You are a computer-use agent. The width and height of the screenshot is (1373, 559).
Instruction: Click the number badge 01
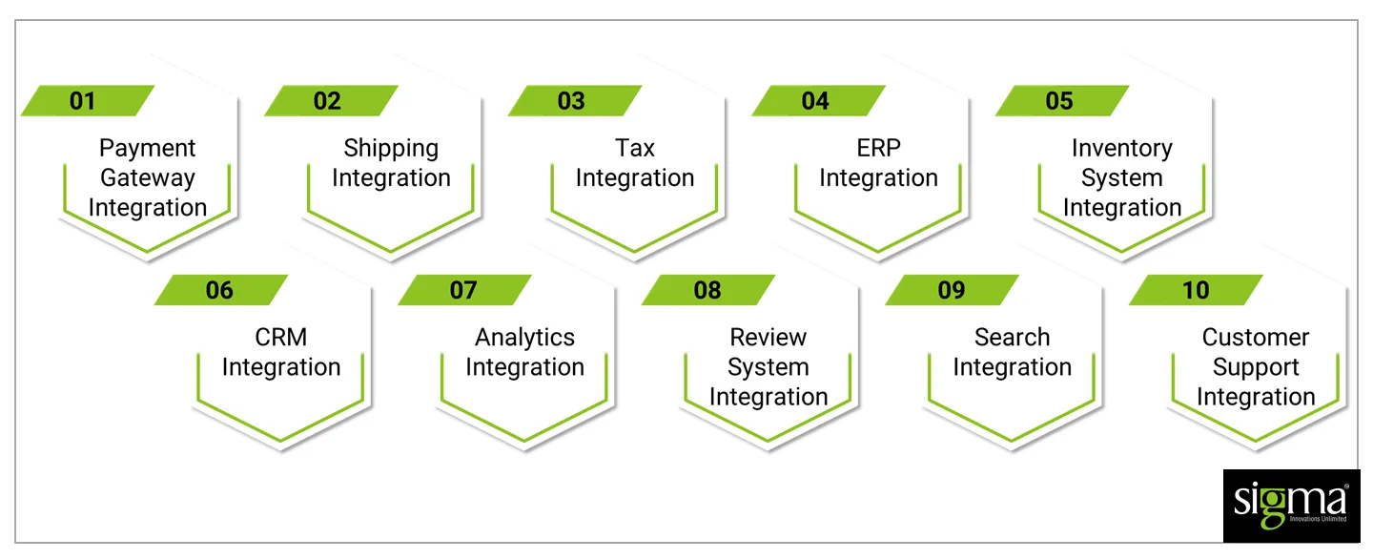click(x=87, y=101)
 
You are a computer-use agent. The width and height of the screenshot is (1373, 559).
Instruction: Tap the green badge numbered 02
click(x=330, y=101)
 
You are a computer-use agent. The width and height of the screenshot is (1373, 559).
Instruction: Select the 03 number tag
click(x=574, y=101)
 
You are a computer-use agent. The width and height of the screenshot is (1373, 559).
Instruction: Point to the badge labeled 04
click(x=818, y=101)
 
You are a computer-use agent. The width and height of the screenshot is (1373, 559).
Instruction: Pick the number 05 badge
click(x=1061, y=101)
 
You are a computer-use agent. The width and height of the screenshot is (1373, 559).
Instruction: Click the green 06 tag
click(x=220, y=290)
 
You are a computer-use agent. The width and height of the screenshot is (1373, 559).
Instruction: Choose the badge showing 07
click(x=464, y=290)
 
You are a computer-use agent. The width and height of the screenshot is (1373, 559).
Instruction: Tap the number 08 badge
click(x=708, y=290)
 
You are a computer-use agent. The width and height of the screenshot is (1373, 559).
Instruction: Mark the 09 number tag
click(x=952, y=290)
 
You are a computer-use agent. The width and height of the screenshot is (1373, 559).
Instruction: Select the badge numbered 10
click(x=1196, y=290)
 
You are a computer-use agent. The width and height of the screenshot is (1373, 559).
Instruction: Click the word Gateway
click(x=148, y=178)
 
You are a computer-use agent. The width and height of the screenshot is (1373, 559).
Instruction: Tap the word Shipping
click(x=391, y=149)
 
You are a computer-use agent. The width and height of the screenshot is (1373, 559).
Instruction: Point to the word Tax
click(x=635, y=149)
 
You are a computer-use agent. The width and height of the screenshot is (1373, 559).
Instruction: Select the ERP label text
click(x=878, y=149)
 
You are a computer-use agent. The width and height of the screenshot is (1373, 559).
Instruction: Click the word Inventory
click(x=1122, y=149)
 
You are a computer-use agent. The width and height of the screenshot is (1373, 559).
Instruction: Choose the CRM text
click(x=281, y=338)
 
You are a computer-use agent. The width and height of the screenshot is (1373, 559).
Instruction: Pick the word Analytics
click(x=524, y=338)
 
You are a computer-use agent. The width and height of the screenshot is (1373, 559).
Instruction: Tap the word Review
click(x=768, y=338)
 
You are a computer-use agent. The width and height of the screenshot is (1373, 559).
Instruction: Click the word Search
click(x=1012, y=338)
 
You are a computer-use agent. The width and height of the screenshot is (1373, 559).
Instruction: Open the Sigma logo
click(x=1291, y=506)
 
